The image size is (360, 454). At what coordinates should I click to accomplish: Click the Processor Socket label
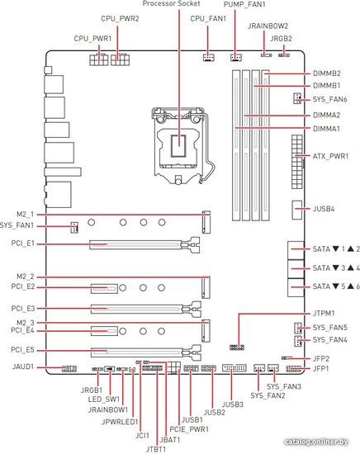point(171,3)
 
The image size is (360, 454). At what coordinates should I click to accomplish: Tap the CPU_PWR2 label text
point(120,19)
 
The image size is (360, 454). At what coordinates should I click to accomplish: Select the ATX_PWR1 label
point(330,156)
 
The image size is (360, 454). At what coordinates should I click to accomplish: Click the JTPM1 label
point(324,314)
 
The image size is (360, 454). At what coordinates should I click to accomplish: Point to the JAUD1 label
point(23,367)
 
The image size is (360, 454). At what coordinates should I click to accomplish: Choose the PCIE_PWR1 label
point(189,429)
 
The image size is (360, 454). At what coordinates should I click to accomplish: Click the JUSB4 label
point(324,209)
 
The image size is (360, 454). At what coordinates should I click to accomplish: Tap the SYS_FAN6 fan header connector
point(297,99)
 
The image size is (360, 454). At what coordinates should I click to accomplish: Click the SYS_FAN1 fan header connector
point(74,227)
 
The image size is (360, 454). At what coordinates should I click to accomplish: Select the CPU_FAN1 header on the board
point(209,57)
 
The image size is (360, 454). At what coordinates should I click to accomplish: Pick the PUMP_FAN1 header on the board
point(236,57)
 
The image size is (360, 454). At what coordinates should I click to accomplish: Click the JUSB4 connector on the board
point(297,210)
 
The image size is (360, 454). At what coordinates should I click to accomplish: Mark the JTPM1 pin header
point(237,347)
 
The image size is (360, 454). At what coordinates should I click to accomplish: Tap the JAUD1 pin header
point(69,369)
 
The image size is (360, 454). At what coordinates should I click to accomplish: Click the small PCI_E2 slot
point(104,289)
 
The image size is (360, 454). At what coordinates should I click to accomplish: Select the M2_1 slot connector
point(206,222)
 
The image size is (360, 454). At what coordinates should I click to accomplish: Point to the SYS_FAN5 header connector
point(298,328)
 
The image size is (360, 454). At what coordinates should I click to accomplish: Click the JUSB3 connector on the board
point(234,368)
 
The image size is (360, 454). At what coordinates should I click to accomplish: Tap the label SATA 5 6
point(336,286)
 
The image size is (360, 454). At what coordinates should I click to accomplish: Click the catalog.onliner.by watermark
point(316,442)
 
